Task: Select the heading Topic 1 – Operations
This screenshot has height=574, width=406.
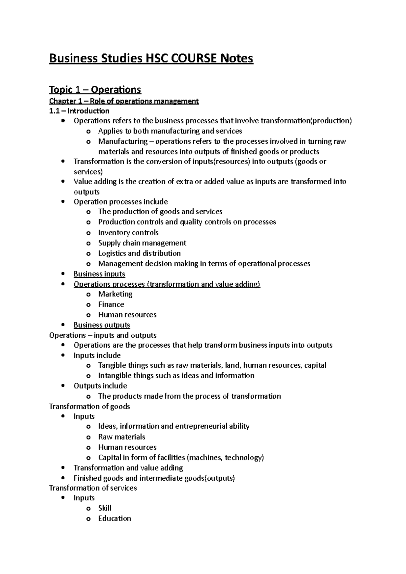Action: tap(95, 90)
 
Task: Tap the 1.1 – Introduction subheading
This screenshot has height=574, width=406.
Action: tap(79, 111)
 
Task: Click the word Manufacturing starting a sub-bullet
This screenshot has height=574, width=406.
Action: tap(123, 141)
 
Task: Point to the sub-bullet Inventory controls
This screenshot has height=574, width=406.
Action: tap(128, 233)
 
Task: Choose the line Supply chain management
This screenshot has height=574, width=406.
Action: tap(142, 243)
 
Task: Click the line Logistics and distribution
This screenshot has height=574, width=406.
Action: tap(139, 253)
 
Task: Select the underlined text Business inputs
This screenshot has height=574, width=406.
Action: tap(99, 274)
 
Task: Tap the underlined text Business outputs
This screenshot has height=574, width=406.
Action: tap(102, 325)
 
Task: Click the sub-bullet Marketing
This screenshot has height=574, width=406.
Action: tap(115, 294)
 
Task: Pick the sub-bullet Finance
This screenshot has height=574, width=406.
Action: tap(111, 304)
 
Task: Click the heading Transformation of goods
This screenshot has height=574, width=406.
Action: tap(90, 406)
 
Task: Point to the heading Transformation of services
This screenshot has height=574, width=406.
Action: tap(93, 488)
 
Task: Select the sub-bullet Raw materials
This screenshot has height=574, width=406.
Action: tap(121, 437)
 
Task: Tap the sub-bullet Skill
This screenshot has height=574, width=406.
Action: tap(105, 508)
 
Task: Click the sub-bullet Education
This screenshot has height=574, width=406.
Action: tap(114, 518)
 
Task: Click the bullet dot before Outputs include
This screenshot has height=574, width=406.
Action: tap(63, 386)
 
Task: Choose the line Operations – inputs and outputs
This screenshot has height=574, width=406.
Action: tap(103, 335)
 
